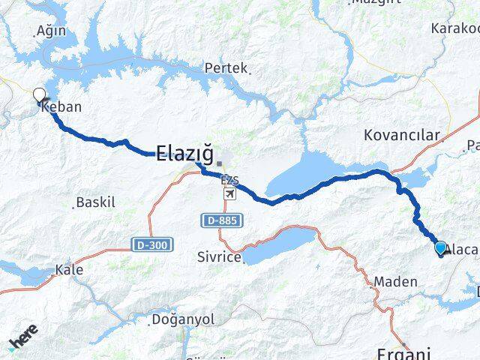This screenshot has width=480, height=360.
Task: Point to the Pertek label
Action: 226,68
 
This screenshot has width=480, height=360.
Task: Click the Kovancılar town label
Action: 400,135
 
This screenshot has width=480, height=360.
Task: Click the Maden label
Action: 390,281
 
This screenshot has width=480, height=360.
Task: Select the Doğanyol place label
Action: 182,319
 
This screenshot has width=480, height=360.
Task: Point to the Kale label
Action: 70,269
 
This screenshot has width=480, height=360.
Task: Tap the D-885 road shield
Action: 218,220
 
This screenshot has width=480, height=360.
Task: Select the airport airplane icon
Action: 229,194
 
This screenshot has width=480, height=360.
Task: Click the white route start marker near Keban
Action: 39,95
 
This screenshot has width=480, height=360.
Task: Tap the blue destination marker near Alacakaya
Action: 440,248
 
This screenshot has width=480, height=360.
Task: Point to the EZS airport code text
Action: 229,181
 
